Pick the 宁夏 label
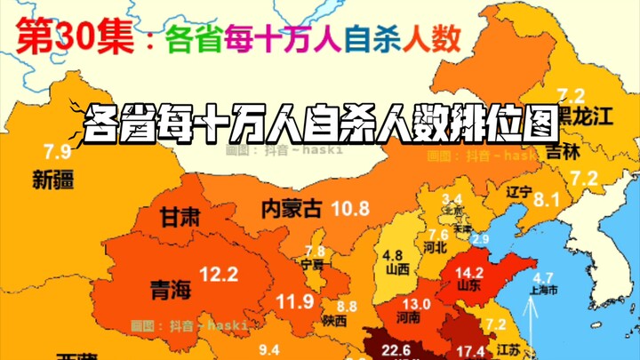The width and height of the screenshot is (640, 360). tap(313, 265)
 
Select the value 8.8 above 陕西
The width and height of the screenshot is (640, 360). tap(346, 306)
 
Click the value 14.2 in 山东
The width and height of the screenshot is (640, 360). tap(468, 273)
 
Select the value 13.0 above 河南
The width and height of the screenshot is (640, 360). tap(419, 305)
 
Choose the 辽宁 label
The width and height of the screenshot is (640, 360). tap(519, 191)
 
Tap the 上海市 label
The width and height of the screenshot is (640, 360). tap(542, 290)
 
